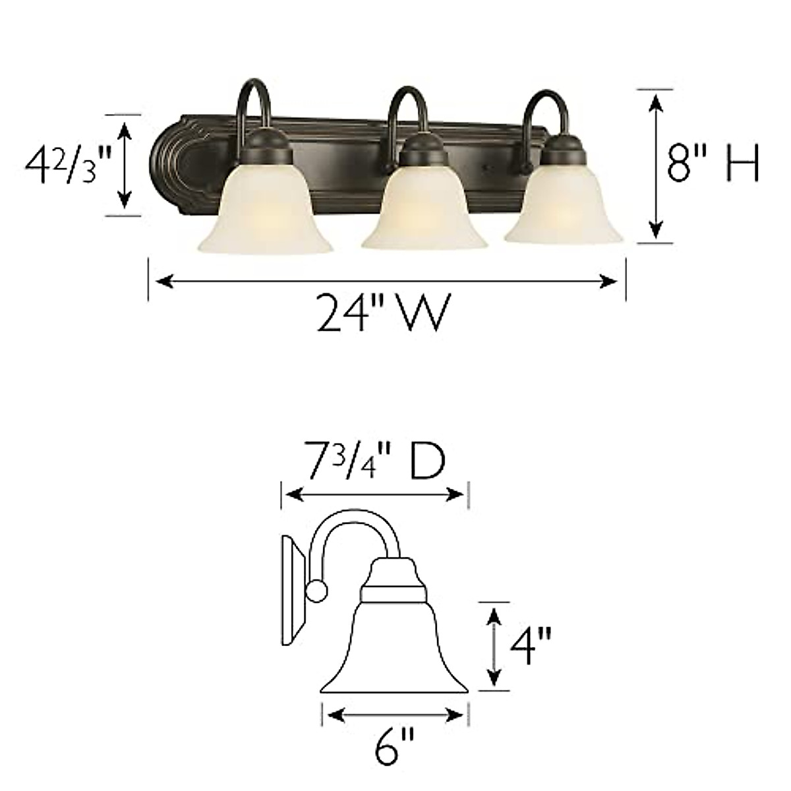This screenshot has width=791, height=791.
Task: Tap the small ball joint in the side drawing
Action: tap(316, 591)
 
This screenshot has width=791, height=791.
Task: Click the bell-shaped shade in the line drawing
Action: tap(394, 653)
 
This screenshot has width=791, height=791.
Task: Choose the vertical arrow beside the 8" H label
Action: tap(655, 165)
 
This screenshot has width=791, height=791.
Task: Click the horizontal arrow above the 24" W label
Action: tap(386, 281)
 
